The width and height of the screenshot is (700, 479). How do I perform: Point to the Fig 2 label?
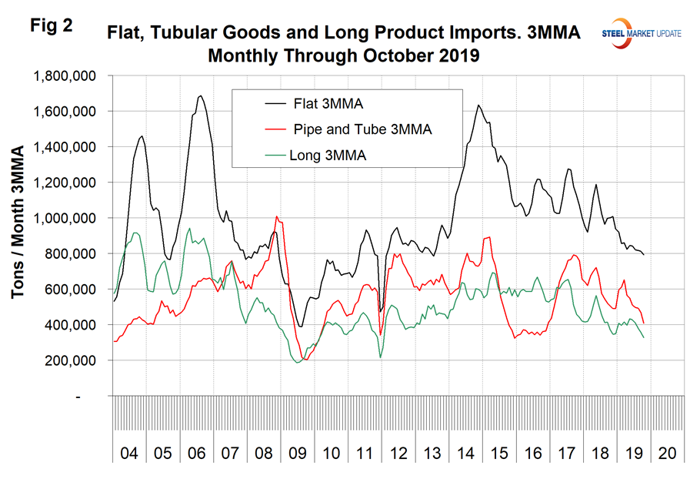coord(52,25)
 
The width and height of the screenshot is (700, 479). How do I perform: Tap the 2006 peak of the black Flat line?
coord(201,96)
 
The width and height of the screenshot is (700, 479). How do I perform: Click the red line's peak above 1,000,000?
coord(277,217)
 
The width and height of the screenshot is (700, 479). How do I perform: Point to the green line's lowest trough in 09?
coord(298,363)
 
